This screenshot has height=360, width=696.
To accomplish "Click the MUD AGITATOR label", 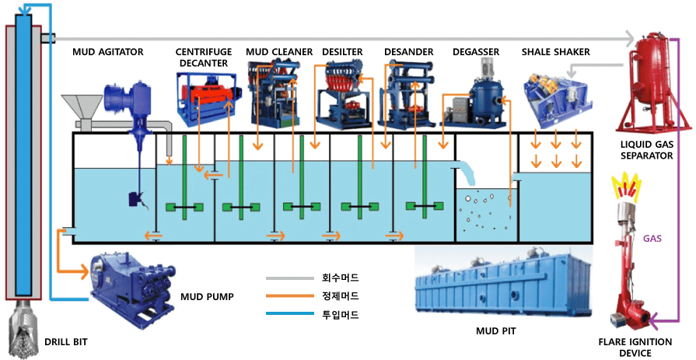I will click(107, 52).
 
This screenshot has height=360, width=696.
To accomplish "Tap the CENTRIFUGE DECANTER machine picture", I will click(206, 96).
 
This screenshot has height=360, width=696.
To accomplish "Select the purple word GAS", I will click(652, 239).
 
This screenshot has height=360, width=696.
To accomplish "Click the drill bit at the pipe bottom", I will click(23, 330).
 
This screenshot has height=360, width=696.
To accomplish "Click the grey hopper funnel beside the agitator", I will click(84, 108).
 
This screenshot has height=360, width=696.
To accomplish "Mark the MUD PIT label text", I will click(495, 331).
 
